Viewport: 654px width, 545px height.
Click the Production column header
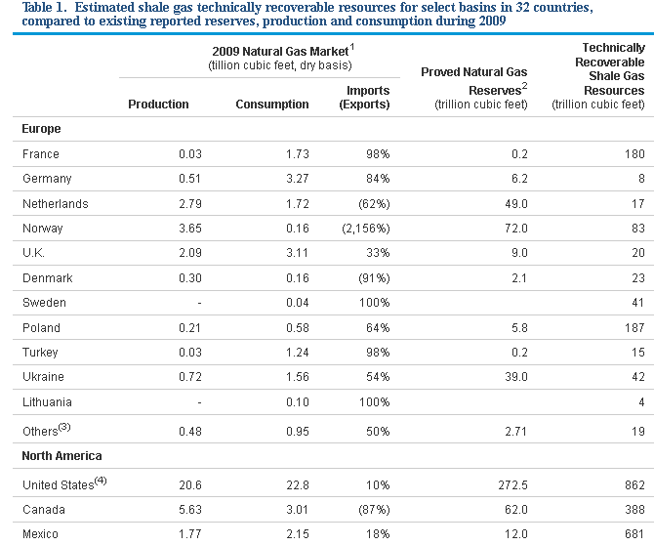pyautogui.click(x=158, y=105)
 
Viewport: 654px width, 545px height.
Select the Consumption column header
pyautogui.click(x=272, y=105)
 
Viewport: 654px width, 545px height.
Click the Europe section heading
pyautogui.click(x=41, y=129)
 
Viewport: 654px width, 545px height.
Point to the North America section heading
pyautogui.click(x=61, y=455)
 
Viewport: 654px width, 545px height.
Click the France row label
pyautogui.click(x=40, y=154)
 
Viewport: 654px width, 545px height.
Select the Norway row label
pyautogui.click(x=42, y=229)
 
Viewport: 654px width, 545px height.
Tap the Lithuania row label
pyautogui.click(x=47, y=402)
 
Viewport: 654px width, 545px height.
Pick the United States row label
pyautogui.click(x=59, y=484)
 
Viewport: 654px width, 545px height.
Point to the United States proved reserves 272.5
pyautogui.click(x=510, y=484)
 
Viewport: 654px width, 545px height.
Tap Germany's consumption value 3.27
pyautogui.click(x=297, y=179)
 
